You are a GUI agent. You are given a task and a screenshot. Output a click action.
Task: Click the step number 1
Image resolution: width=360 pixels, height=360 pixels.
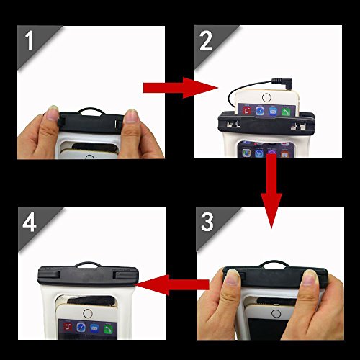click(29, 40)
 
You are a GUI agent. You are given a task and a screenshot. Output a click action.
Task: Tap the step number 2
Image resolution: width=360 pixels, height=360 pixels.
click(206, 40)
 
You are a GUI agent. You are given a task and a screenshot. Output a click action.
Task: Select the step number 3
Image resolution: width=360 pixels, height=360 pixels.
click(207, 222)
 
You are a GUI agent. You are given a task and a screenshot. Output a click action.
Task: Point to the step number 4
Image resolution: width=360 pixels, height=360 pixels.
click(30, 222)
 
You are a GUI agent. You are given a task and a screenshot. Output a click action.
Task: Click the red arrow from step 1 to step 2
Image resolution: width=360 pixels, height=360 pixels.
click(181, 88)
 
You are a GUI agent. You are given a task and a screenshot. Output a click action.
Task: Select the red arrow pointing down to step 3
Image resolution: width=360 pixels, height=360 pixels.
click(271, 191)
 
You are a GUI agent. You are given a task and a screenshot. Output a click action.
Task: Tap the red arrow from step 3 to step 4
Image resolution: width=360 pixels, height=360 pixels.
click(172, 285)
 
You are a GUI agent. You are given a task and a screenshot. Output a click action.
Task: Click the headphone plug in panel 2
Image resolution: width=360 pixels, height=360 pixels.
click(282, 84)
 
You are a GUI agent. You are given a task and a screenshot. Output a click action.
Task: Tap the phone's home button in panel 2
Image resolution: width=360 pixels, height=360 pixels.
click(266, 98)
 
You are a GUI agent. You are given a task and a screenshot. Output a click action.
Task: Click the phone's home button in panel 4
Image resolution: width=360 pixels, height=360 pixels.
click(88, 313)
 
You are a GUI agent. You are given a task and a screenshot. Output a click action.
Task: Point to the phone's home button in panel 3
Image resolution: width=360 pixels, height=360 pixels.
click(276, 313)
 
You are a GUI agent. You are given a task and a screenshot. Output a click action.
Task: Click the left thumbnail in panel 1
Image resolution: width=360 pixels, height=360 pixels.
click(53, 113)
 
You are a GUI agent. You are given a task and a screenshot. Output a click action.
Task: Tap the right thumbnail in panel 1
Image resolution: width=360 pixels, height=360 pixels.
click(131, 116)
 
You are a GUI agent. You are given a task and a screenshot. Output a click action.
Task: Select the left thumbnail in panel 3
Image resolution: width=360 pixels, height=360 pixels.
click(233, 276)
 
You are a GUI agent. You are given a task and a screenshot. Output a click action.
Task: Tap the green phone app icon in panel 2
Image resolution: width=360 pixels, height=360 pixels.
click(286, 112)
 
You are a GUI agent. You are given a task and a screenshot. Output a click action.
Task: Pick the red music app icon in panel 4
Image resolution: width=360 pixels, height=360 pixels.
click(68, 327)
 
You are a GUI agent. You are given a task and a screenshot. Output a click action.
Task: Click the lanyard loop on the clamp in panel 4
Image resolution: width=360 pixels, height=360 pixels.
click(89, 264)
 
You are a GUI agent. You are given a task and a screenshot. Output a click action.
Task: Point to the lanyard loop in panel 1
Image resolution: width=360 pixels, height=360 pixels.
click(91, 110)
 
